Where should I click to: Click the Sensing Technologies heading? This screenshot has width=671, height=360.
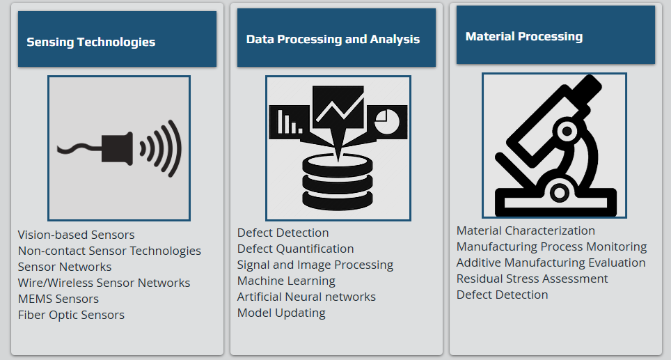pyautogui.click(x=90, y=42)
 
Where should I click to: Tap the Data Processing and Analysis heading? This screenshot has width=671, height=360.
pyautogui.click(x=333, y=40)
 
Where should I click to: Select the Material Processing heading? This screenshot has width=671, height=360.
pyautogui.click(x=524, y=37)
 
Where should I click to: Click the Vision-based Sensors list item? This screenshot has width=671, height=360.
pyautogui.click(x=76, y=235)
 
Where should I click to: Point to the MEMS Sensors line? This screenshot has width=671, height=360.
pyautogui.click(x=58, y=299)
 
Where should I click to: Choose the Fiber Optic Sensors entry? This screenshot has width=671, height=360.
pyautogui.click(x=71, y=315)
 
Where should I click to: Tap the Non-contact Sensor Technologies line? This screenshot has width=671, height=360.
pyautogui.click(x=109, y=251)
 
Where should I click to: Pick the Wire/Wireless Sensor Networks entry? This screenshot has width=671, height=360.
pyautogui.click(x=104, y=283)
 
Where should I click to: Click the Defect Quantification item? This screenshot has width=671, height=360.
pyautogui.click(x=295, y=249)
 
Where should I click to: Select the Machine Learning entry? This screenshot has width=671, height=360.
pyautogui.click(x=286, y=281)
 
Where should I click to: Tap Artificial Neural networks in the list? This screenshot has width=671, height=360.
pyautogui.click(x=306, y=297)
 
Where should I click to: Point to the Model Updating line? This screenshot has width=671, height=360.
pyautogui.click(x=281, y=313)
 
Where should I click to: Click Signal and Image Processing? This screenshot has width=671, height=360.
pyautogui.click(x=315, y=265)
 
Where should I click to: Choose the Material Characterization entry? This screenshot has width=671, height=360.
pyautogui.click(x=526, y=230)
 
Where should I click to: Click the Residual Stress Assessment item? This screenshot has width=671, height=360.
pyautogui.click(x=532, y=279)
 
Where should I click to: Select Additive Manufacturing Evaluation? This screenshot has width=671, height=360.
pyautogui.click(x=551, y=263)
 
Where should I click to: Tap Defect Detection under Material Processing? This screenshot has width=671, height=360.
pyautogui.click(x=502, y=295)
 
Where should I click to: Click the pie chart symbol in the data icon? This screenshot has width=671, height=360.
pyautogui.click(x=387, y=122)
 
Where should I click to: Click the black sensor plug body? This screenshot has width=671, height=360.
pyautogui.click(x=117, y=149)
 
